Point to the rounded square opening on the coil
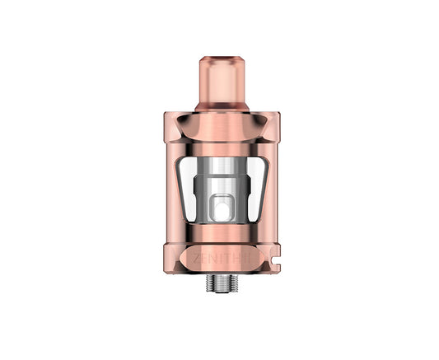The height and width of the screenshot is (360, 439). [x=221, y=207]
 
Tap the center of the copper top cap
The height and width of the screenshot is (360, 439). [x=221, y=128]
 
